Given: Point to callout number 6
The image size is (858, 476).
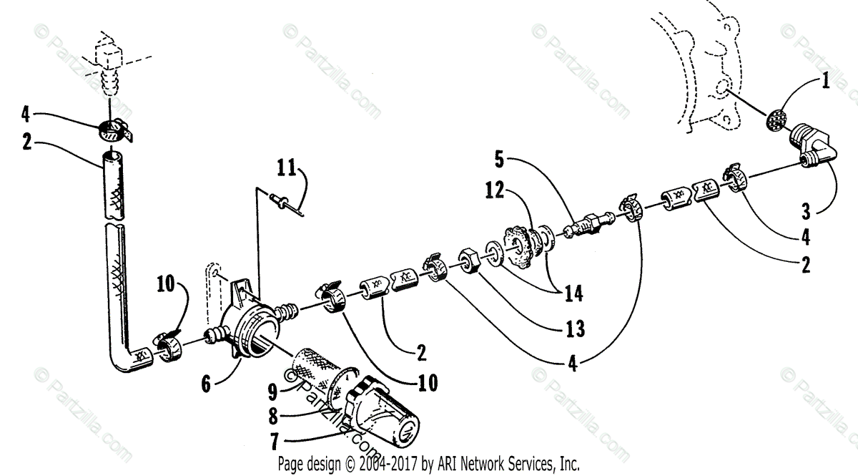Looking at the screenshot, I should coord(207,384).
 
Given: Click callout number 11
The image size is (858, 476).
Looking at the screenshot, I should coord(287,170).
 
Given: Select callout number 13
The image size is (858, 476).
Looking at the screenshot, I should coord(574,329).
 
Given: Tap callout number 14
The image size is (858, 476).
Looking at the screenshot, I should coord(573,293).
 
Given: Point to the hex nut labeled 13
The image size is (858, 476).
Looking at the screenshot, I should coord(469,260).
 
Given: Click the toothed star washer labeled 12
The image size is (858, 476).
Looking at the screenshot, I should coord(519,246).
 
